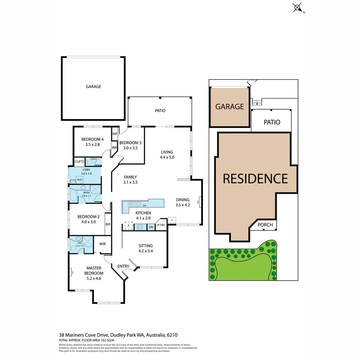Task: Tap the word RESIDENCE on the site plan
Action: tap(255, 178)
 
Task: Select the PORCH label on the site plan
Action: tap(265, 225)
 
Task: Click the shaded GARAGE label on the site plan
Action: tap(230, 107)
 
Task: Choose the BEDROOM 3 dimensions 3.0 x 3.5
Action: tap(130, 148)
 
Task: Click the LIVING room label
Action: tap(167, 152)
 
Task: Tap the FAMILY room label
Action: tap(130, 177)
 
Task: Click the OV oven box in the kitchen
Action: tap(151, 227)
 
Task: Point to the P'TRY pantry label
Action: tap(161, 226)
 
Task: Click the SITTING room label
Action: tap(146, 246)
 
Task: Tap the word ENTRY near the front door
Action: tap(123, 266)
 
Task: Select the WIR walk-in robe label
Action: tap(102, 244)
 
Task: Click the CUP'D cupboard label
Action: tap(79, 162)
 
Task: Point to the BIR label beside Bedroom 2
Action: tap(108, 224)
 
